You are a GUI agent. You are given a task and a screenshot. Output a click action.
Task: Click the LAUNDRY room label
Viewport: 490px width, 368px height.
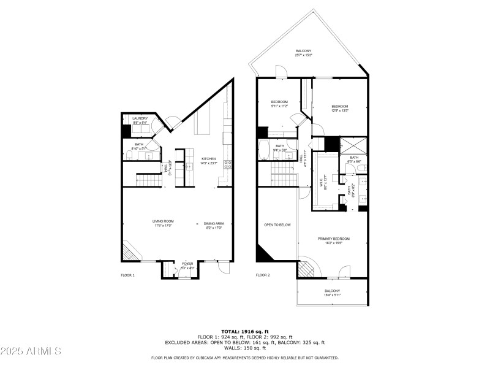[140, 118]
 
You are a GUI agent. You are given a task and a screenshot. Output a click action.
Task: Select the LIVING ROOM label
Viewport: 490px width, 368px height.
[164, 221]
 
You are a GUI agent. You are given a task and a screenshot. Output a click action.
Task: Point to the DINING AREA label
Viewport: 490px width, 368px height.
[214, 224]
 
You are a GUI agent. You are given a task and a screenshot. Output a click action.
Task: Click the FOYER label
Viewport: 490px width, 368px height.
[187, 264]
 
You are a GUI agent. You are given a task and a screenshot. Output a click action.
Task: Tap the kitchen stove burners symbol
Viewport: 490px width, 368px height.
[227, 164]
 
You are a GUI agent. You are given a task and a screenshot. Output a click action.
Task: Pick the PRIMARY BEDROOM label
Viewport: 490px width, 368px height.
[333, 239]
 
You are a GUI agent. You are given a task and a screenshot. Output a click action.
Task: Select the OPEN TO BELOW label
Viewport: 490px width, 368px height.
[277, 225]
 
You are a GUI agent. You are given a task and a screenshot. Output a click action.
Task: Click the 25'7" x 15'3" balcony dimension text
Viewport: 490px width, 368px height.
[304, 55]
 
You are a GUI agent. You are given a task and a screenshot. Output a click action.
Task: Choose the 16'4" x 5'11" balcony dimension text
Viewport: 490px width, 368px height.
[332, 295]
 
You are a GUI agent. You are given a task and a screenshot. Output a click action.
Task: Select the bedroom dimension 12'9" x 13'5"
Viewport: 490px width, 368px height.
[340, 110]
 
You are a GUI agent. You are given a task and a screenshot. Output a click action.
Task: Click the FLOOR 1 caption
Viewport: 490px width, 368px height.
[127, 275]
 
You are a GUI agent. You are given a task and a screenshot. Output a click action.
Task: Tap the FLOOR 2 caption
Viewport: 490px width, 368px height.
[263, 275]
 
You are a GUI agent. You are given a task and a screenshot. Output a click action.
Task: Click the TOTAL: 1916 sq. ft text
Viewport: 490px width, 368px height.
[244, 331]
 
